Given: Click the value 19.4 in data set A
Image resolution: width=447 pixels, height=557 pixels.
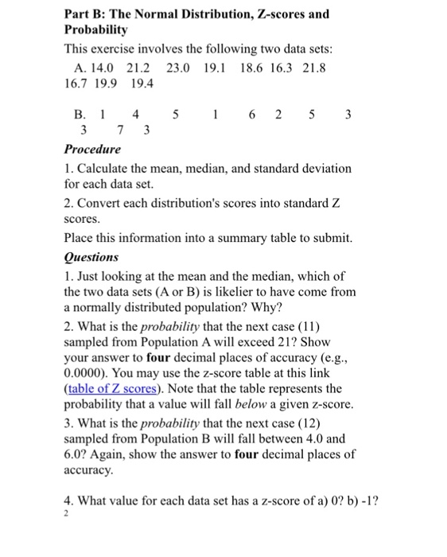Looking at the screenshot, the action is (x=142, y=84).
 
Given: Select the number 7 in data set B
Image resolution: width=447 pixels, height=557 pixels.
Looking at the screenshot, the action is (x=119, y=129).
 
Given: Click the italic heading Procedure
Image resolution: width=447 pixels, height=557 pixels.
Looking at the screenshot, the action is (x=92, y=149).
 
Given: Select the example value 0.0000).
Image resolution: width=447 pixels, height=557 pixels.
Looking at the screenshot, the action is (x=89, y=372).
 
